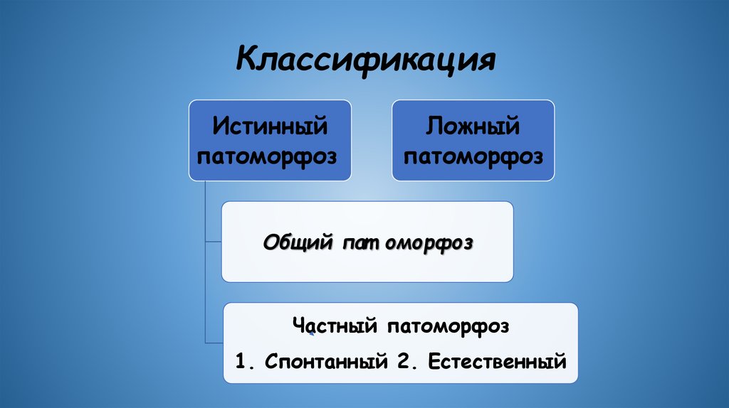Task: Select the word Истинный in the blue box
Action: click(270, 127)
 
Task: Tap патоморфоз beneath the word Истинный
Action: click(270, 156)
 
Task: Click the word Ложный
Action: click(473, 127)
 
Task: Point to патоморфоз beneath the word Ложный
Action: click(473, 156)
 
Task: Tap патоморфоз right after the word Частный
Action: click(449, 328)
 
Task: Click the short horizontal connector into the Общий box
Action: click(213, 242)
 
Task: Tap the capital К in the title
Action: click(246, 60)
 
